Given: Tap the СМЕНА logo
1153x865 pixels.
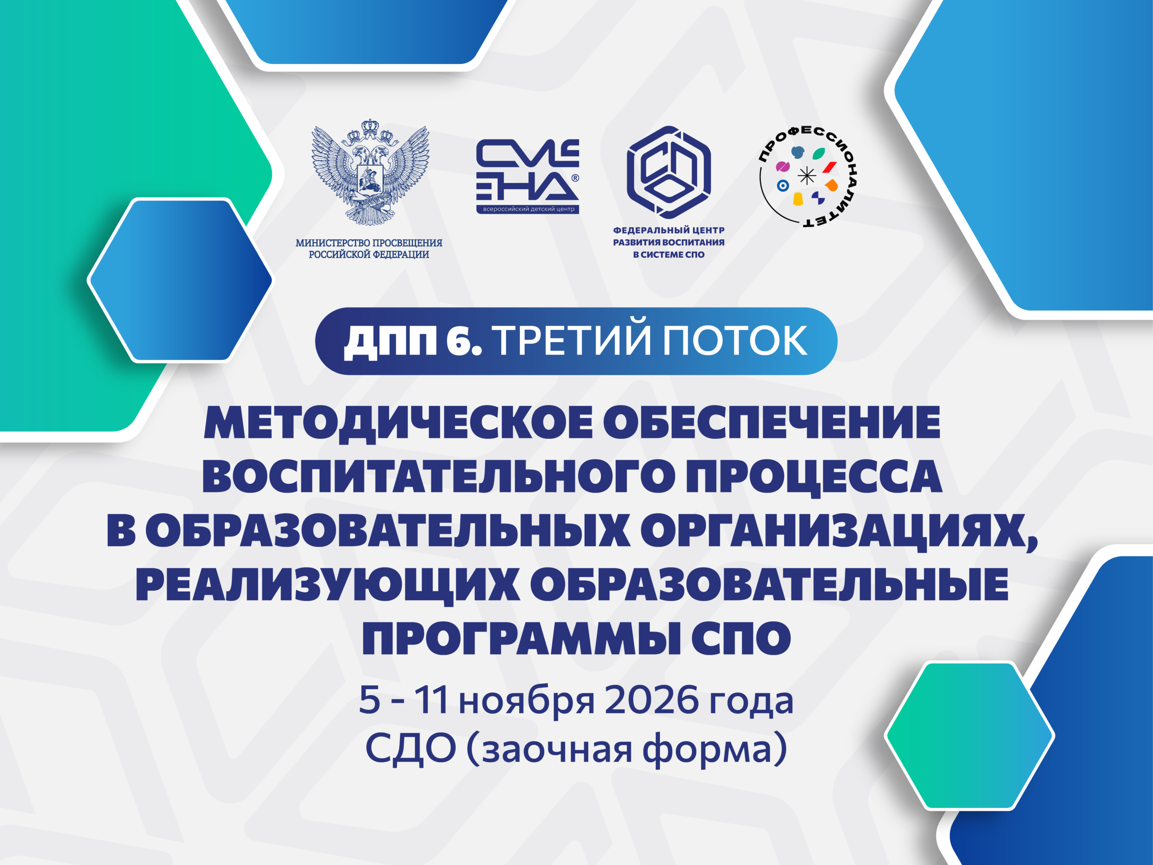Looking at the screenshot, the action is pos(527,176).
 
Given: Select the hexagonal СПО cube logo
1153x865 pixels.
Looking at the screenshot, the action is pos(669,172).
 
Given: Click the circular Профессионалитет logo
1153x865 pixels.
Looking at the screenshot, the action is pos(808,176).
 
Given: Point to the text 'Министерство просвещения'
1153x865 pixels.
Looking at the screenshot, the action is pos(369,243).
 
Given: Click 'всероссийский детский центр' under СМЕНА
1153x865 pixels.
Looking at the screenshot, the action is pos(528,209).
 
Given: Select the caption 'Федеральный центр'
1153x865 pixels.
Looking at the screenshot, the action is pos(669,230).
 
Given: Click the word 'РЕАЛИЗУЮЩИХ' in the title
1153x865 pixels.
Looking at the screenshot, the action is pos(327,586).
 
